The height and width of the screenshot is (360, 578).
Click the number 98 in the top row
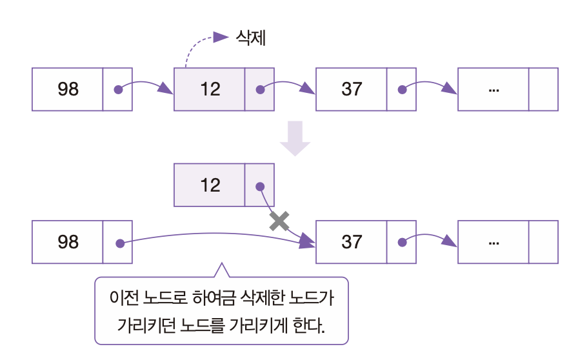click(68, 89)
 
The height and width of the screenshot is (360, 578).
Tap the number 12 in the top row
click(210, 89)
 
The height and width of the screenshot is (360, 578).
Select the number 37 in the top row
click(352, 89)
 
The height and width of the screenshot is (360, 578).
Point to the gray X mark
click(279, 221)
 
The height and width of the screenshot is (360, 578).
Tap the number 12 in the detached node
click(210, 186)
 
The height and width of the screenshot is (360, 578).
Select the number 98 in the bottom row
click(68, 242)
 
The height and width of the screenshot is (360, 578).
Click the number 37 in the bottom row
click(352, 242)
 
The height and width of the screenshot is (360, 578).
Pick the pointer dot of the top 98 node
click(118, 90)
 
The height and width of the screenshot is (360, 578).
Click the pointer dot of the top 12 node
click(260, 90)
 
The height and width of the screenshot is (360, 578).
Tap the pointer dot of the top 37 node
click(402, 90)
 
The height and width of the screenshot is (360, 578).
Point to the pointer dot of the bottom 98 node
click(119, 243)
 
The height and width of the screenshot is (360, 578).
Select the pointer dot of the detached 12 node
click(260, 186)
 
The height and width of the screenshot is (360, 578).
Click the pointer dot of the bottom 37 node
click(402, 243)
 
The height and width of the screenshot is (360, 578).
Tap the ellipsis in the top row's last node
click(494, 90)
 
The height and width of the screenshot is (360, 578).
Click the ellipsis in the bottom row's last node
click(494, 243)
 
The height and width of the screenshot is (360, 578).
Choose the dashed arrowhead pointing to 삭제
click(222, 37)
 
